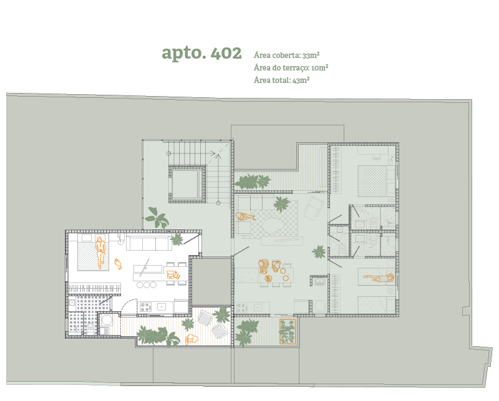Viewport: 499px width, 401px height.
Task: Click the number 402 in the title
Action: (226, 53)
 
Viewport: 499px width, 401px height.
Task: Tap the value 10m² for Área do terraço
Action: (319, 67)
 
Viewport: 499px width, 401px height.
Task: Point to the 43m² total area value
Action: (301, 80)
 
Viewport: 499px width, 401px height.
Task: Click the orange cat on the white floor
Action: (118, 264)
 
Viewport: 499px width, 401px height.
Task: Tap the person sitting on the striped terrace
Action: (191, 339)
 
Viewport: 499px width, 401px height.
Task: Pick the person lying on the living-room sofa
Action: (245, 217)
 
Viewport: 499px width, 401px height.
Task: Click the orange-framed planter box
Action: (288, 332)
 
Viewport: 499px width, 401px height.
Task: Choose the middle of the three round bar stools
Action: (147, 285)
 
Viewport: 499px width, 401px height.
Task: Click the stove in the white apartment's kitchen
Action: (145, 307)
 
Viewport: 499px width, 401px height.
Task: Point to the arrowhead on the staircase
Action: (218, 156)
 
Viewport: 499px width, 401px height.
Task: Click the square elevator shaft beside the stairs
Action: (187, 184)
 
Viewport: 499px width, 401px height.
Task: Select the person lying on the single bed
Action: (379, 278)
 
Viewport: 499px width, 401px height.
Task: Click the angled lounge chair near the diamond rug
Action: (314, 208)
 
